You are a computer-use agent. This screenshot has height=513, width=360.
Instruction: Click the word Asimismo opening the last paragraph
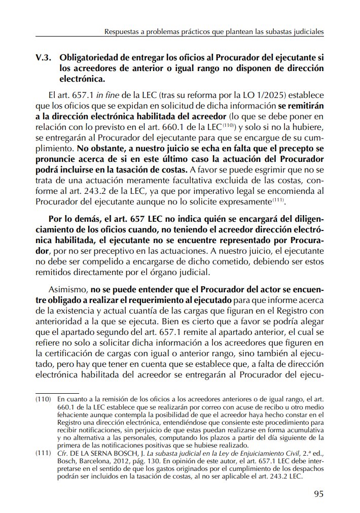pos(68,290)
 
